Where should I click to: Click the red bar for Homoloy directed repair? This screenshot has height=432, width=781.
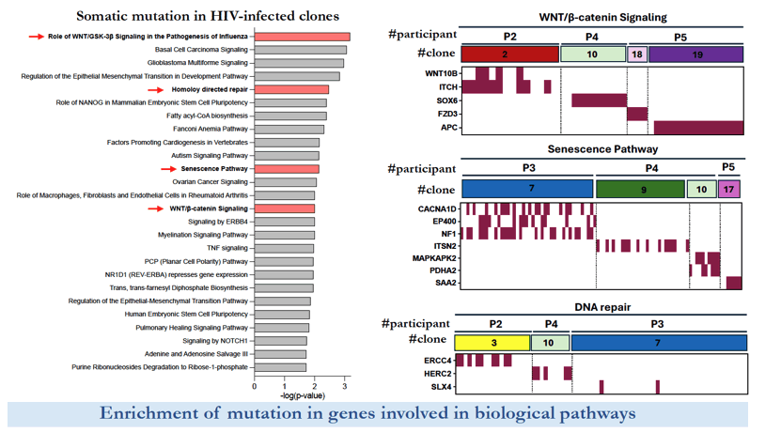click(x=291, y=89)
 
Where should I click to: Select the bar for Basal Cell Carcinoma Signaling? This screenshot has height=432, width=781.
click(x=301, y=50)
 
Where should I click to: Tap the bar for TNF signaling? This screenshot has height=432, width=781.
click(x=284, y=248)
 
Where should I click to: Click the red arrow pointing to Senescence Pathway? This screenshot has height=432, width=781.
click(x=168, y=169)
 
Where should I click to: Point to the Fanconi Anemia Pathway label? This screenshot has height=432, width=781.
click(x=211, y=129)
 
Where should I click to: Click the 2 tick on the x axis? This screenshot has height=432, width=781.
click(x=314, y=386)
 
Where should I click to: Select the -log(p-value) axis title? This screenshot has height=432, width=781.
click(x=303, y=395)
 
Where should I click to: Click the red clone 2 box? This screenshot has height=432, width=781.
click(x=509, y=54)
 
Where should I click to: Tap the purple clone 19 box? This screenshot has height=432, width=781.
click(x=695, y=54)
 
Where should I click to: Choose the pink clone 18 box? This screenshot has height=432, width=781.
click(x=637, y=54)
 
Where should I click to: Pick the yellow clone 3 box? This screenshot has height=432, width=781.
click(x=492, y=343)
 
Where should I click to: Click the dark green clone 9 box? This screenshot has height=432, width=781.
click(x=640, y=189)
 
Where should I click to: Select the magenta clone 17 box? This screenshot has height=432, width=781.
click(x=728, y=189)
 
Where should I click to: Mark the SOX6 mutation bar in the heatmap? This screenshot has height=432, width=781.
click(x=600, y=100)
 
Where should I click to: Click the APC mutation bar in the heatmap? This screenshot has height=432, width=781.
click(x=699, y=128)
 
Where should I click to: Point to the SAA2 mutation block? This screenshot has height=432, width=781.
click(x=734, y=283)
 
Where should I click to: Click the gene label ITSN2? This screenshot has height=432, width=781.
click(x=445, y=246)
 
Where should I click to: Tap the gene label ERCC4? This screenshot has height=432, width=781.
click(x=438, y=361)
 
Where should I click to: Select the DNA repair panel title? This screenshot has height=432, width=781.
click(x=602, y=307)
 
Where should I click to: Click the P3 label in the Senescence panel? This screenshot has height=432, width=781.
click(x=529, y=168)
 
